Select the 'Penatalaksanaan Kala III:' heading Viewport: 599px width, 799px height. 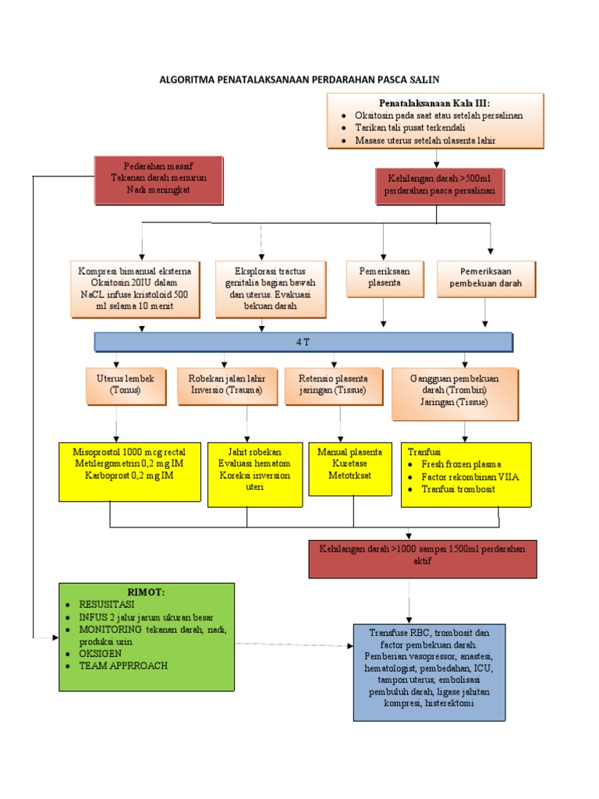click(434, 103)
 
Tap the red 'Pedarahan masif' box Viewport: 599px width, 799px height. click(158, 179)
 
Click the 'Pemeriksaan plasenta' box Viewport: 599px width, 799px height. click(384, 278)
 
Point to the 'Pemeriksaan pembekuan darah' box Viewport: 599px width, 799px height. click(486, 278)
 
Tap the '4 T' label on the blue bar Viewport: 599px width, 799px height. click(303, 342)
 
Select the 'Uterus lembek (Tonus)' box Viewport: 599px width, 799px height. click(126, 385)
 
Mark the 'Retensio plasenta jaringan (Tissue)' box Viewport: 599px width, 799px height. click(333, 385)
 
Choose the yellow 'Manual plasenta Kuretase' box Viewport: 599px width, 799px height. click(349, 468)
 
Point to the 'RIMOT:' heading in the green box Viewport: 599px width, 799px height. click(147, 592)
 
